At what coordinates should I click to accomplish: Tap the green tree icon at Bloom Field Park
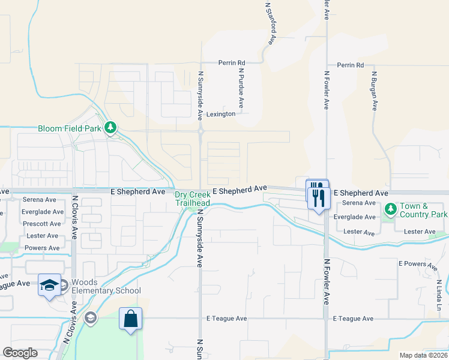click(x=110, y=127)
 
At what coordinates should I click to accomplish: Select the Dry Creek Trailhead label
click(x=192, y=199)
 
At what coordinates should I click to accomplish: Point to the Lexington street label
click(x=221, y=114)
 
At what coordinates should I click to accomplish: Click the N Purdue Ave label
click(x=241, y=88)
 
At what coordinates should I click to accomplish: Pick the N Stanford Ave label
click(x=270, y=23)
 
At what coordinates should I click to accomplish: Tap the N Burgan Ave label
click(x=373, y=91)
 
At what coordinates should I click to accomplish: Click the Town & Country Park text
click(x=424, y=210)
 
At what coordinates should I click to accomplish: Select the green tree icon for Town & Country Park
click(x=391, y=209)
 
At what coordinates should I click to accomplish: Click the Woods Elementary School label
click(x=106, y=287)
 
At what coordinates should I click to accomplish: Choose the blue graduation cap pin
click(x=50, y=285)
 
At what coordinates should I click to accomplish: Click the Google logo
click(x=20, y=353)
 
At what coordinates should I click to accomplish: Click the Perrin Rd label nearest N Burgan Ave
click(x=351, y=65)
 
